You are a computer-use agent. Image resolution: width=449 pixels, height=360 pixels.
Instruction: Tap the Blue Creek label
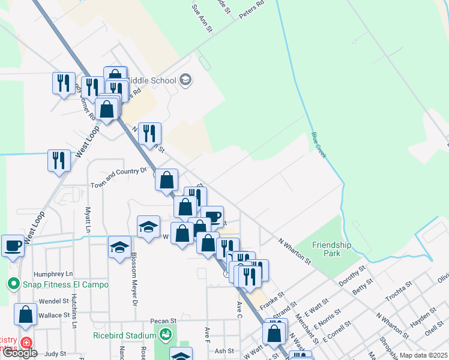click(319, 145)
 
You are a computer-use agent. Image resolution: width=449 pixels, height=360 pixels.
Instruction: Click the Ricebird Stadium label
click(125, 335)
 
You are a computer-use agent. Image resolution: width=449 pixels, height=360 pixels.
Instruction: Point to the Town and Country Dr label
click(118, 170)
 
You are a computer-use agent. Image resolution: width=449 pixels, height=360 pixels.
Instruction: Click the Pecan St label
click(163, 321)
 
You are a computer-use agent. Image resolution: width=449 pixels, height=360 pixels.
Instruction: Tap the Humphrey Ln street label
click(53, 273)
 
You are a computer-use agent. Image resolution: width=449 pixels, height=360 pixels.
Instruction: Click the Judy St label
click(55, 353)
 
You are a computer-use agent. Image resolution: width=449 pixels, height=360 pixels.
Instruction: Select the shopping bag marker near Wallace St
click(26, 314)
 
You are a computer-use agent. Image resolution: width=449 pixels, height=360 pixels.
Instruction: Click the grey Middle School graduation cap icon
click(185, 80)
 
